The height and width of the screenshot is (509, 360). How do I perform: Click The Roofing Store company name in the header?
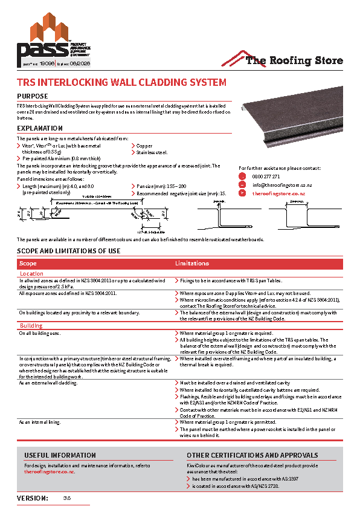[294, 60]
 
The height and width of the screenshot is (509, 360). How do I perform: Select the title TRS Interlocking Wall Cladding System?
[121, 82]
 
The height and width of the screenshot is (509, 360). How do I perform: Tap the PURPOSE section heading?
[33, 97]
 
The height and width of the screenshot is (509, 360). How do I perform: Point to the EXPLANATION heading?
[40, 128]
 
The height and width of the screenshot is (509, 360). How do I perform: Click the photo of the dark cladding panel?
[290, 122]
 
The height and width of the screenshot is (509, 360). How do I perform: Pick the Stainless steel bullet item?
[152, 152]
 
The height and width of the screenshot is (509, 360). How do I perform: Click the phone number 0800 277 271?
[262, 177]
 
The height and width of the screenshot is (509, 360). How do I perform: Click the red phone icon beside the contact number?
[242, 177]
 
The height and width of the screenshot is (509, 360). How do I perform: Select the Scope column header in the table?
[28, 264]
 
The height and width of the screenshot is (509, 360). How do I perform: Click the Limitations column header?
[192, 264]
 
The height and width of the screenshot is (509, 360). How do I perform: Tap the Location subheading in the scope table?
[32, 274]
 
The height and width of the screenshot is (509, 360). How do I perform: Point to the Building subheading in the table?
[31, 325]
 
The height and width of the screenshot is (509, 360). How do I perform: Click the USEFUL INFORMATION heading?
[60, 455]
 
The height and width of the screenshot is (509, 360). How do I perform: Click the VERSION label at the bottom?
[33, 498]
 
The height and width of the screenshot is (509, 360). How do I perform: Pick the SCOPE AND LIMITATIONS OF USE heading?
[68, 251]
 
